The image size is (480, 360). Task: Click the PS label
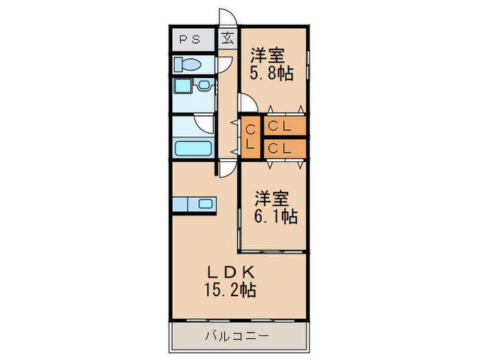(x=191, y=39)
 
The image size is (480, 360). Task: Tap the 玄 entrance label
(x=226, y=38)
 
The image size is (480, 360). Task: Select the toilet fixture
(x=187, y=64)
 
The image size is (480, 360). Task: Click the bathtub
(x=194, y=149)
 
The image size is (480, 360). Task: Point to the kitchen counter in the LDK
(x=194, y=204)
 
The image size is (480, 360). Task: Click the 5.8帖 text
(x=272, y=73)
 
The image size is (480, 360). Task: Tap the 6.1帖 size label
(x=277, y=217)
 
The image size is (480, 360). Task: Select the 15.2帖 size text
(x=229, y=290)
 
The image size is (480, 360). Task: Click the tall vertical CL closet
(x=251, y=136)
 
